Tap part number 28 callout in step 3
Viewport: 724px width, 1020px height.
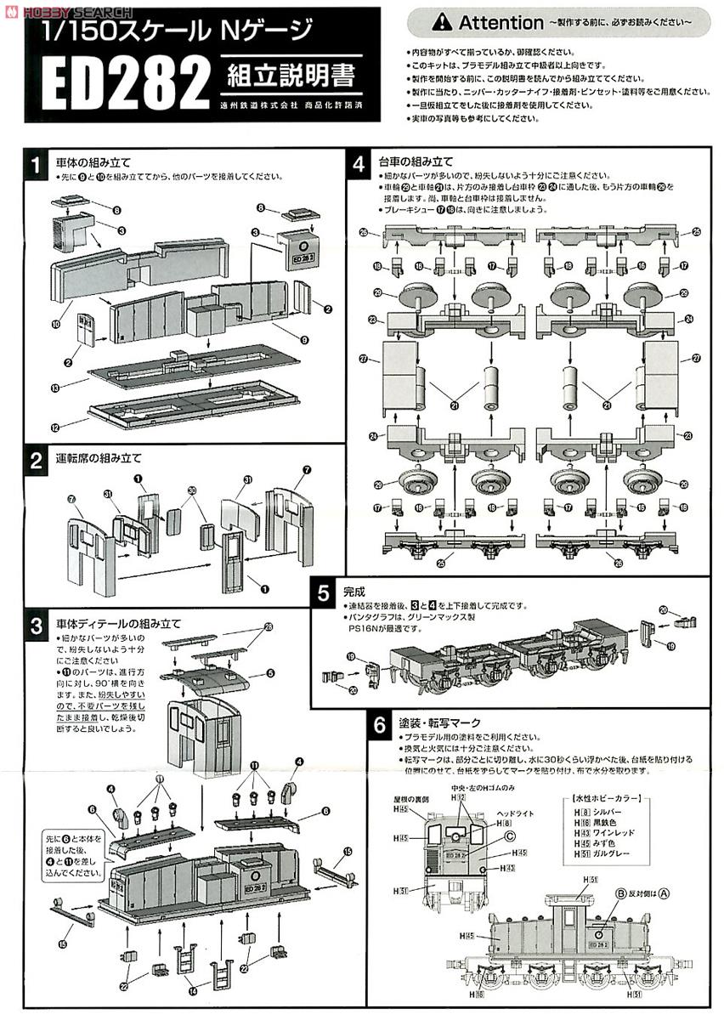(270, 628)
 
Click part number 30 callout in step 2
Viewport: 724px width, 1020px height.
(192, 490)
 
